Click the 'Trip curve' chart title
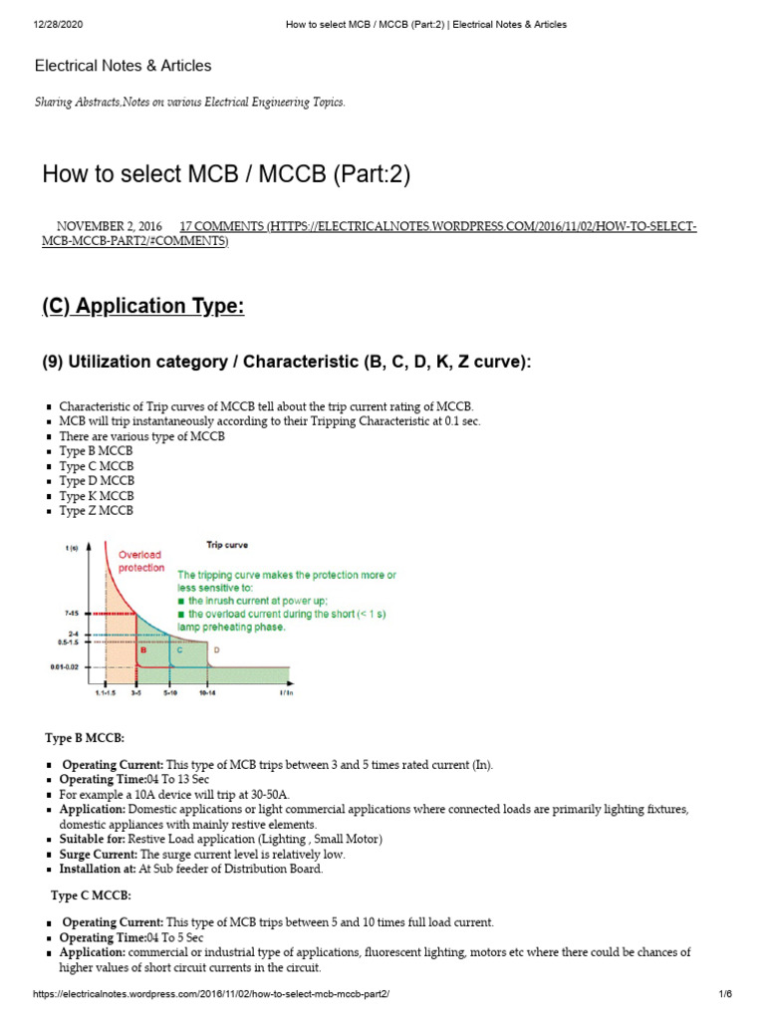(227, 545)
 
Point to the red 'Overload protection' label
(140, 561)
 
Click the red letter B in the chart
(142, 649)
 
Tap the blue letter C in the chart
(179, 649)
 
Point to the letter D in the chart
(217, 649)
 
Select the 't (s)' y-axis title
(72, 547)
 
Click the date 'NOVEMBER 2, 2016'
(109, 227)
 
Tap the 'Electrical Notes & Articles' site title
(123, 66)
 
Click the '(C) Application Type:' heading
(142, 306)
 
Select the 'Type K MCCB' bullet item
(97, 496)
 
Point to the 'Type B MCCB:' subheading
(85, 737)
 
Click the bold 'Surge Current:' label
(99, 855)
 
